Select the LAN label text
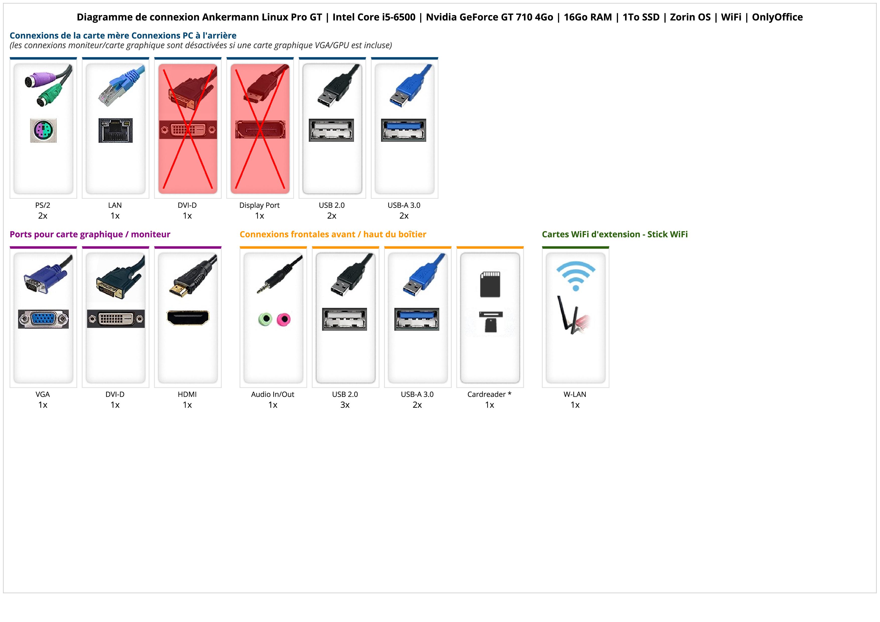[x=115, y=205]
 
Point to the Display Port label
[x=259, y=205]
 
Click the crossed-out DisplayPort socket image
[x=260, y=130]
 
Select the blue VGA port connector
[x=43, y=319]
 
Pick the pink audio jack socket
[x=284, y=319]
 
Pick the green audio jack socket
[x=265, y=319]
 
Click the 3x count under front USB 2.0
[x=345, y=405]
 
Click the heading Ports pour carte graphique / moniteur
[x=90, y=234]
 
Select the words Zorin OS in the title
[x=690, y=17]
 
